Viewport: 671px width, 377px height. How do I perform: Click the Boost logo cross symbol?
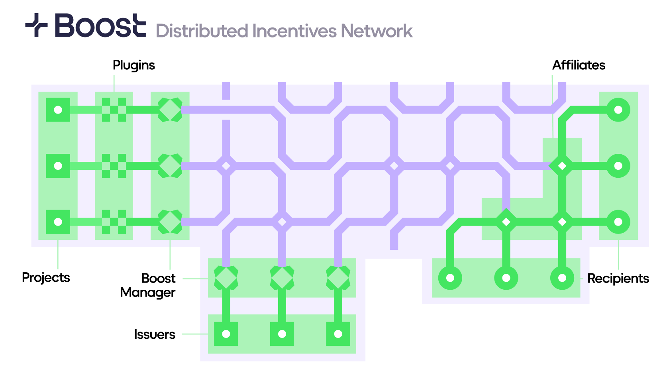point(36,25)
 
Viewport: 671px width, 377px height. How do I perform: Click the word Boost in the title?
point(100,26)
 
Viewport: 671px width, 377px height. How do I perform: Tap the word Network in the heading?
point(377,31)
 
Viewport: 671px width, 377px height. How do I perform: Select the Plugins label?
point(134,65)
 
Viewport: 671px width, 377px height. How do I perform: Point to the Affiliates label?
point(579,65)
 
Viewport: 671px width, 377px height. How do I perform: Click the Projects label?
point(46,277)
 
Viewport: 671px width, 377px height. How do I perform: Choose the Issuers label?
point(155,334)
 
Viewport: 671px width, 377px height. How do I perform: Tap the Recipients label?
point(618,278)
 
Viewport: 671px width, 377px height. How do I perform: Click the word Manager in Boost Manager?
point(148,293)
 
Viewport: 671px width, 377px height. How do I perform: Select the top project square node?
point(58,110)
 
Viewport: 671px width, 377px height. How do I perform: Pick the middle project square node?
point(58,166)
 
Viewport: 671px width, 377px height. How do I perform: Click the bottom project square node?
point(58,222)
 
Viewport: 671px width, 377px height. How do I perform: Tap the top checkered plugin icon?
point(114,110)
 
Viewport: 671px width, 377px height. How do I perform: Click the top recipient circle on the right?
point(618,110)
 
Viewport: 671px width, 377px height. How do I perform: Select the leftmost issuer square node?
point(226,334)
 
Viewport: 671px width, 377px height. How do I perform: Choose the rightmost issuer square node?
point(338,334)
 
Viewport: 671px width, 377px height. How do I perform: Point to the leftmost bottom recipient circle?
point(450,278)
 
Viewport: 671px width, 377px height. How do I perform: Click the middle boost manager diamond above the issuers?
point(282,278)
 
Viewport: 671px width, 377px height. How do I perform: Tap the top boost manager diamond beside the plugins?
point(170,110)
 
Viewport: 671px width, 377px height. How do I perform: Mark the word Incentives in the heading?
point(294,31)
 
